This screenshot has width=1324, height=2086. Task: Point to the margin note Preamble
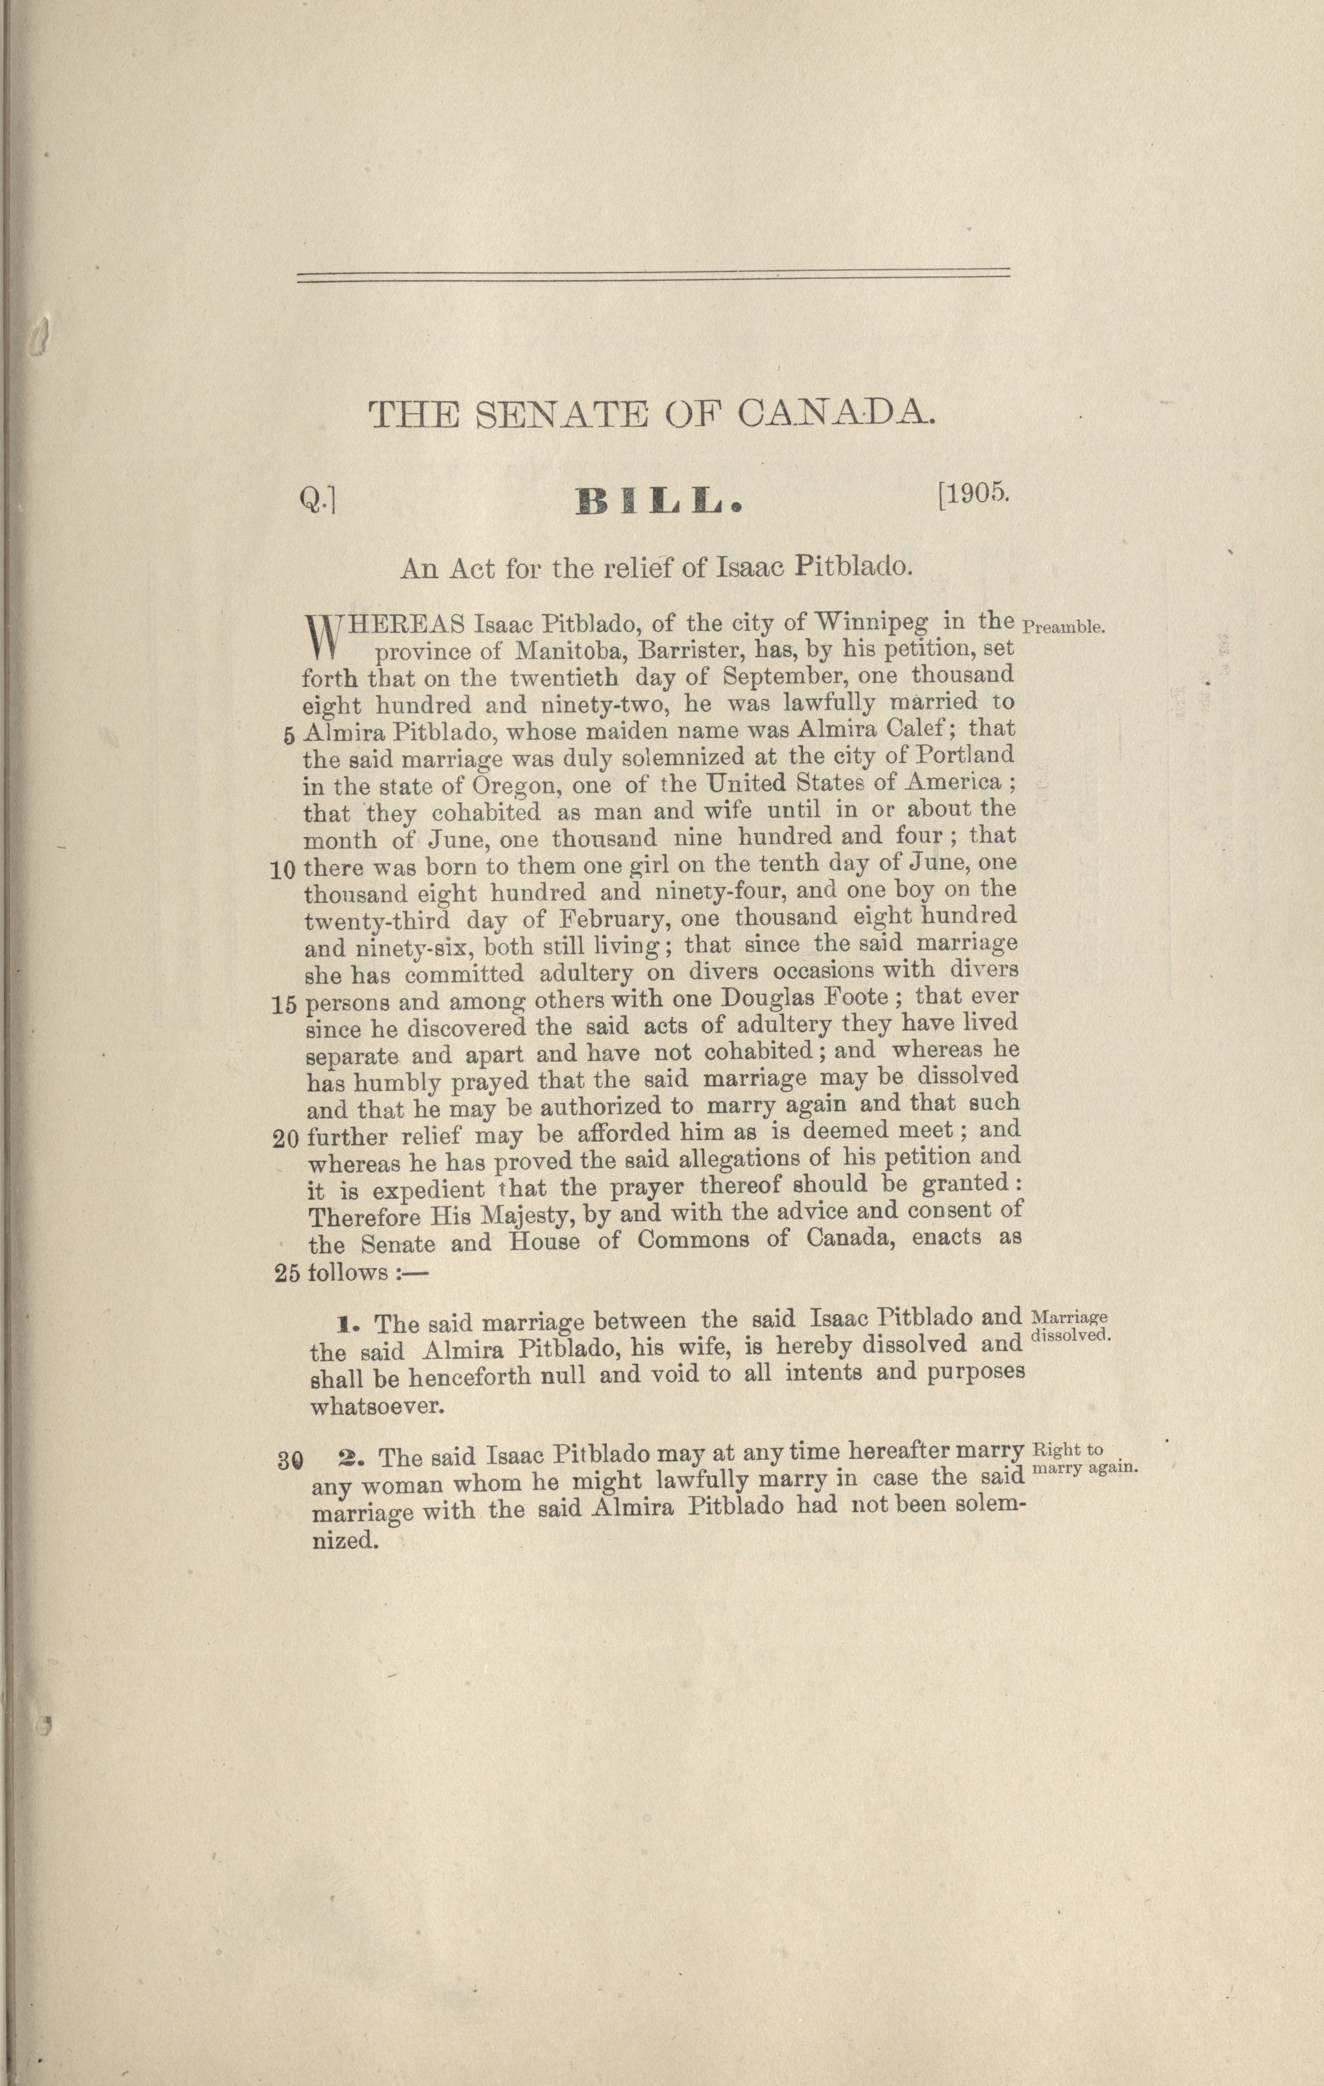(x=1063, y=626)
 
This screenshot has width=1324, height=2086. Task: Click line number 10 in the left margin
(x=283, y=871)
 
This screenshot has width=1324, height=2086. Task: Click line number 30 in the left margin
(x=289, y=1459)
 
